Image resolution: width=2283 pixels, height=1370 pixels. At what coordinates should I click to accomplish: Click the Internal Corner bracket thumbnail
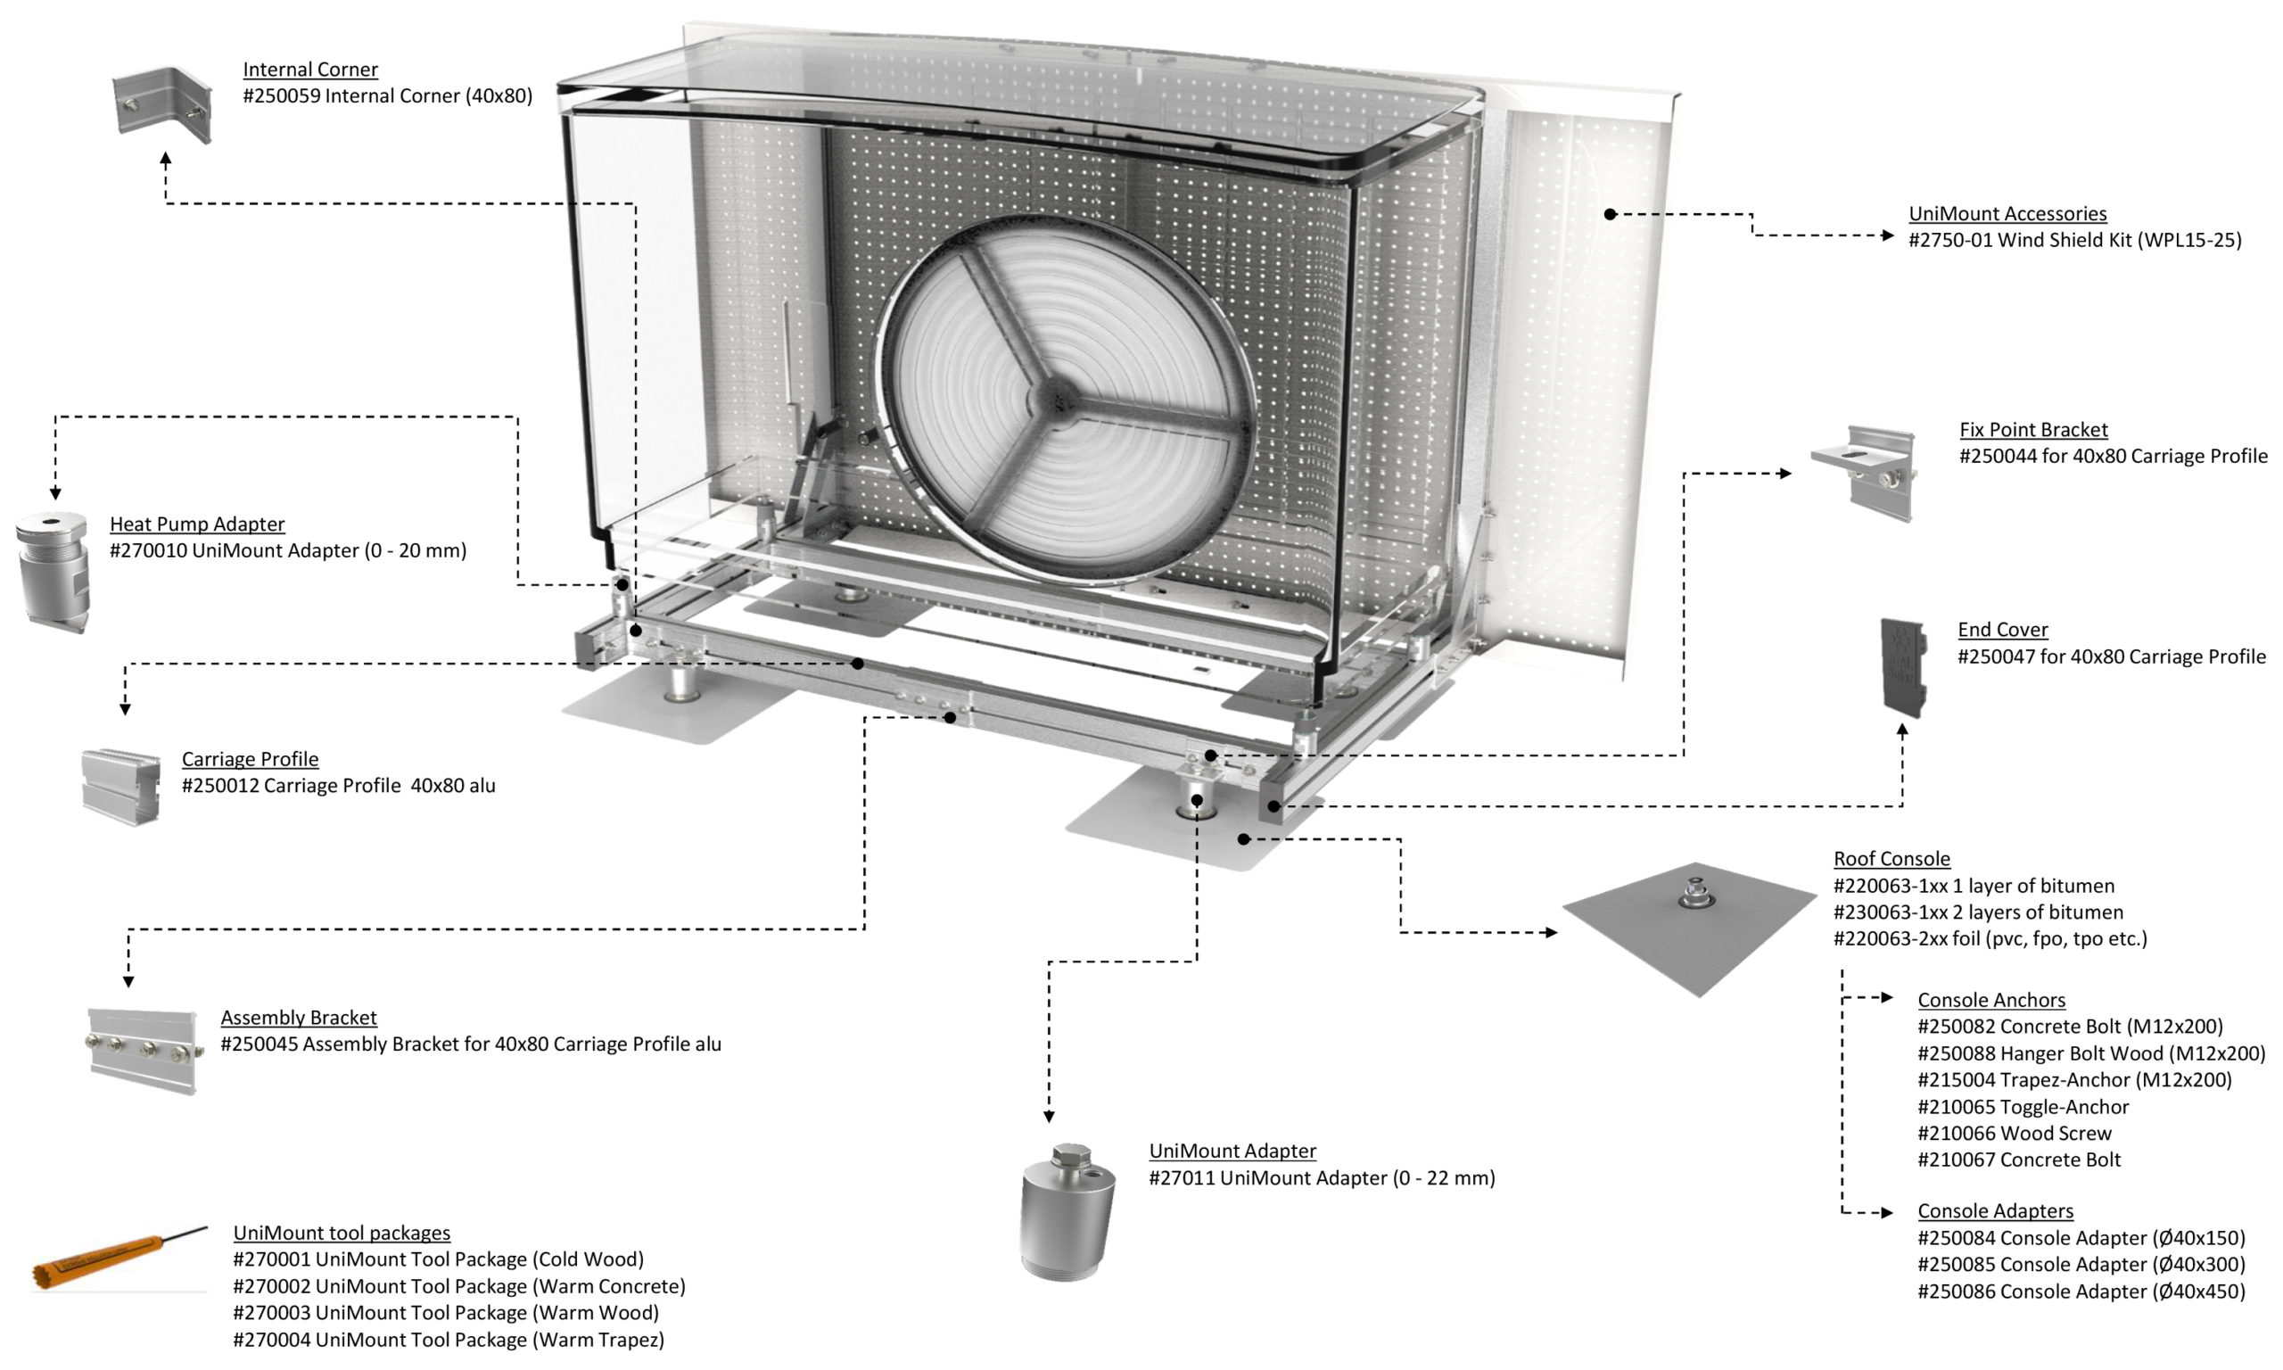(x=162, y=103)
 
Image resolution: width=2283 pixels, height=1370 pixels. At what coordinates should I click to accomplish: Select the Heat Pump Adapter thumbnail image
(x=53, y=572)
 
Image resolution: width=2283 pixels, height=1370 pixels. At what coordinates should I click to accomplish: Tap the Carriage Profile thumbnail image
(x=121, y=786)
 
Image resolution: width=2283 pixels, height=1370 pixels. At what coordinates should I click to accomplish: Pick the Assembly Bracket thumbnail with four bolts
(x=144, y=1051)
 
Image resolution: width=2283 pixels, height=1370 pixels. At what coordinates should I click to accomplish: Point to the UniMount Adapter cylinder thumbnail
(x=1067, y=1211)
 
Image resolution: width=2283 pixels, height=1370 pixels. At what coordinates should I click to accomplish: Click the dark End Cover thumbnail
(x=1903, y=666)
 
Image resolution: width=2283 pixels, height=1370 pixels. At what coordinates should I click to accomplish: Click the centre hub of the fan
(x=1054, y=400)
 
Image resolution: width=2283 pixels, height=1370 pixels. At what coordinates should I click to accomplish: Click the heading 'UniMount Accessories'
(x=2007, y=214)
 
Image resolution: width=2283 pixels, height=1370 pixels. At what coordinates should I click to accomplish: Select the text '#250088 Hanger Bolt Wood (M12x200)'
(x=2091, y=1053)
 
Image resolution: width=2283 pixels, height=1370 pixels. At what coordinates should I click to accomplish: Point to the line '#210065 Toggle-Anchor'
(x=2023, y=1107)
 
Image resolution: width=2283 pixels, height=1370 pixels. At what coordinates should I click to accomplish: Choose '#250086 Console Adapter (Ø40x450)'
(x=2081, y=1292)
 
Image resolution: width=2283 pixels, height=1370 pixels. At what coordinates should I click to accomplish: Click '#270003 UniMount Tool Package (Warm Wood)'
(x=446, y=1313)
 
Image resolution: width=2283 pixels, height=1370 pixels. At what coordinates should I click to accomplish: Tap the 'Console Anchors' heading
(x=1990, y=1000)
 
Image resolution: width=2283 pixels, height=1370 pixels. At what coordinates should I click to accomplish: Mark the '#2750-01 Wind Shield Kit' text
(x=2074, y=240)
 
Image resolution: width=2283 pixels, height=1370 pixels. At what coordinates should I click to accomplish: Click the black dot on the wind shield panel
(x=1610, y=214)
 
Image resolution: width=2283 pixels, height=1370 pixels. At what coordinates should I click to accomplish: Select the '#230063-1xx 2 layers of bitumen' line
(x=1977, y=912)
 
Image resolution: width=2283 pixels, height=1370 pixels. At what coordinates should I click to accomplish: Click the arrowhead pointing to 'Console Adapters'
(x=1887, y=1212)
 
